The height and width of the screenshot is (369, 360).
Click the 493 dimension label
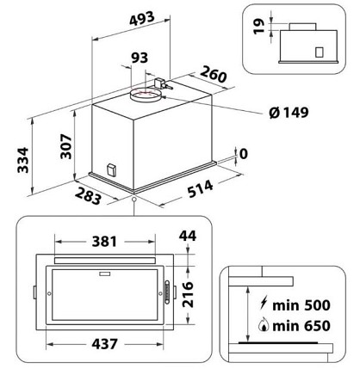142,19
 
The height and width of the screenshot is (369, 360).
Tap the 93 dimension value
140,58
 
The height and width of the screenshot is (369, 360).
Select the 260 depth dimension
214,74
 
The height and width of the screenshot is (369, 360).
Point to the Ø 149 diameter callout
289,112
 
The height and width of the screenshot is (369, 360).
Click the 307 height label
66,146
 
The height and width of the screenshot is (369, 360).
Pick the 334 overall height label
23,160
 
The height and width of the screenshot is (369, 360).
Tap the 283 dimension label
89,196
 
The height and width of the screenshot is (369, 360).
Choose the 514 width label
201,188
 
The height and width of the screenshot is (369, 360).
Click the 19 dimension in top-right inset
259,26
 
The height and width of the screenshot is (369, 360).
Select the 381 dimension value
104,242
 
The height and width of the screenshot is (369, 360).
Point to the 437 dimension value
104,344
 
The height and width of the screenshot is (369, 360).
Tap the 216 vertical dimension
188,294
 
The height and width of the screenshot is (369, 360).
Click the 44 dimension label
188,236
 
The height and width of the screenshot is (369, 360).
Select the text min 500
301,305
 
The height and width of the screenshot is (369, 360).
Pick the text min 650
301,326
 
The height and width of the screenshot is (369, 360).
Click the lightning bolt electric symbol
263,303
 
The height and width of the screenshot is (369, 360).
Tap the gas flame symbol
264,324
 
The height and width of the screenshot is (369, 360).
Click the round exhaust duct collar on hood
145,95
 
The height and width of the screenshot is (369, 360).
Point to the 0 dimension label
243,154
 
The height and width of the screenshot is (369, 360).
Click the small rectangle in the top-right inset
320,52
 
